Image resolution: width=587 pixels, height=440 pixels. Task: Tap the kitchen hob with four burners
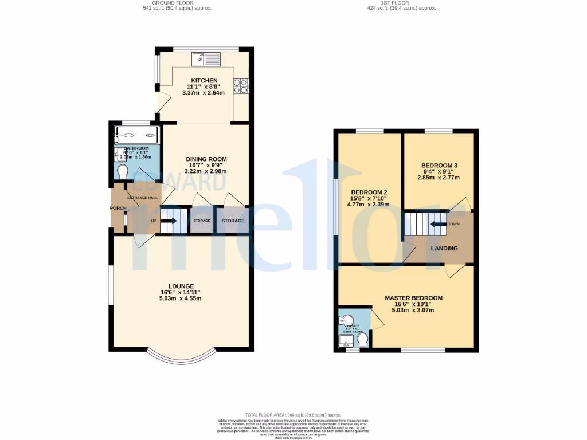241,85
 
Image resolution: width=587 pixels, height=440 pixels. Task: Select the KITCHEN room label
205,81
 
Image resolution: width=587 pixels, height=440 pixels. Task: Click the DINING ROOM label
206,159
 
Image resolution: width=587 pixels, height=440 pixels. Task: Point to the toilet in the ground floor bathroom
122,171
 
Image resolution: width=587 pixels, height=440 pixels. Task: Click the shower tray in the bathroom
136,136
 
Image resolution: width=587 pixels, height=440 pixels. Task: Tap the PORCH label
118,208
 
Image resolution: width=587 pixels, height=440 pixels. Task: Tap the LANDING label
444,248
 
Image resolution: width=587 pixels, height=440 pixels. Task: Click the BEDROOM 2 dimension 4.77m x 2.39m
370,204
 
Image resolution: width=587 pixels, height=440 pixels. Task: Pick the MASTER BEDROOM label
413,298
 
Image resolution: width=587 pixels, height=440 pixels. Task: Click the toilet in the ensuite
362,341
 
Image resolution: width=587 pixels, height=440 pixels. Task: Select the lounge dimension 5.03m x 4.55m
181,298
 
